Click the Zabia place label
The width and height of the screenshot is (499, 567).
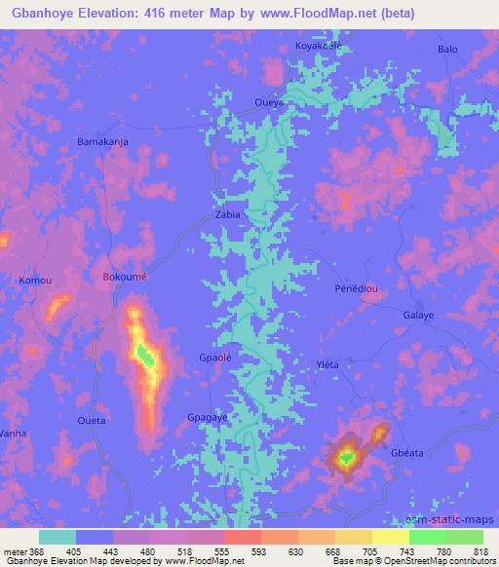(x=227, y=214)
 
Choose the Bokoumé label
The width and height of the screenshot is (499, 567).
(x=125, y=278)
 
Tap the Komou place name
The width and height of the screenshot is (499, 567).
(x=34, y=281)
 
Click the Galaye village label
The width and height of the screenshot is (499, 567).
(x=418, y=316)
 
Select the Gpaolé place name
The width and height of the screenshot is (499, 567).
(x=214, y=356)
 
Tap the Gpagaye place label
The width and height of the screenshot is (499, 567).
(x=208, y=417)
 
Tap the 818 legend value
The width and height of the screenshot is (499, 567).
(x=480, y=549)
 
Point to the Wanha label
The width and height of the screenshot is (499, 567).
(x=13, y=432)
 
